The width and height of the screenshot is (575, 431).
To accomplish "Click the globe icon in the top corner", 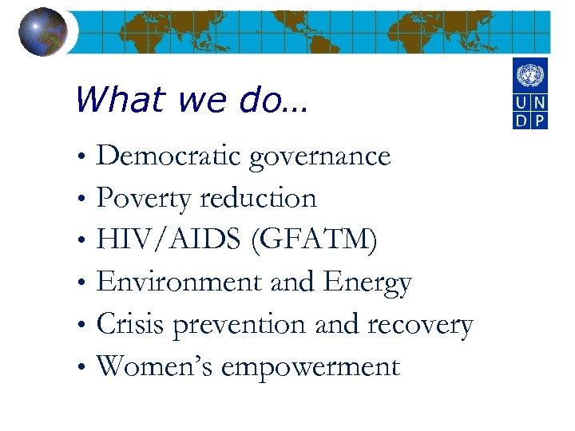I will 42,32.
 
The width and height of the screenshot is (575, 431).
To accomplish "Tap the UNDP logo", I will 529,94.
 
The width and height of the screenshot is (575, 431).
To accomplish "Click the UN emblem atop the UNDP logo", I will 529,77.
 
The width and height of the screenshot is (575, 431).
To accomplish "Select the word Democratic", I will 169,156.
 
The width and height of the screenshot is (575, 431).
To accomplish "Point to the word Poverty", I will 145,199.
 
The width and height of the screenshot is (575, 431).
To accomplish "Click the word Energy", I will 367,283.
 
